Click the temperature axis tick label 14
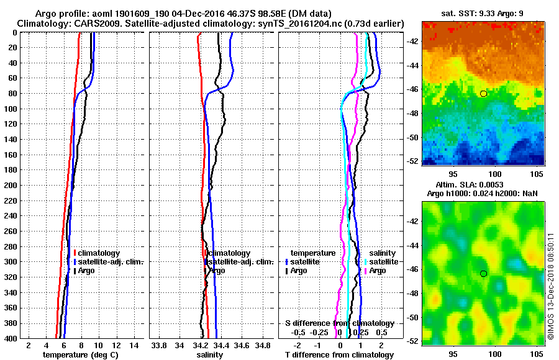pyautogui.click(x=133, y=345)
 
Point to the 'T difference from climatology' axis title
pyautogui.click(x=339, y=354)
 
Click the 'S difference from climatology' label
pyautogui.click(x=340, y=323)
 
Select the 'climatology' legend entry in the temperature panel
pyautogui.click(x=99, y=253)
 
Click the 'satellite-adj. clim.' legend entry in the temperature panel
pyautogui.click(x=111, y=262)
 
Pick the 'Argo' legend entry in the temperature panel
pyautogui.click(x=88, y=271)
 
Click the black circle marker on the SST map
pyautogui.click(x=483, y=93)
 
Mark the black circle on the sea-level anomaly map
pyautogui.click(x=483, y=273)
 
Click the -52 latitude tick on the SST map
pyautogui.click(x=413, y=161)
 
